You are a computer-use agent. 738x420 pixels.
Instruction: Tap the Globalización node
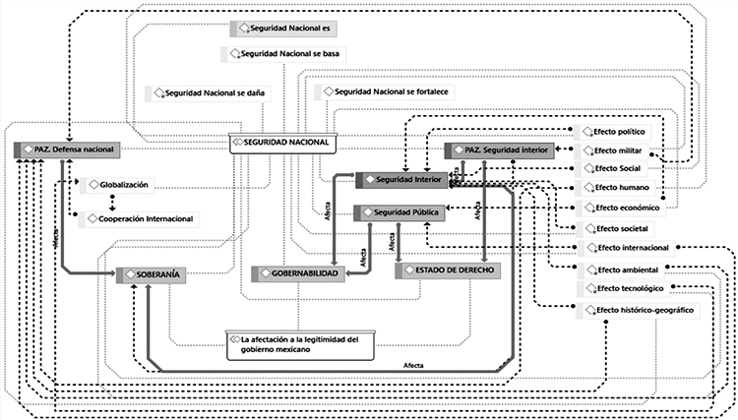(124, 184)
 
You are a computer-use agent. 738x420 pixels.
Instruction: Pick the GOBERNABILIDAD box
(298, 272)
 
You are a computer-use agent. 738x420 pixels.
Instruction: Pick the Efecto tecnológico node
(629, 288)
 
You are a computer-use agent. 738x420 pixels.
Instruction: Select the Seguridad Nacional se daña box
(213, 93)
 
